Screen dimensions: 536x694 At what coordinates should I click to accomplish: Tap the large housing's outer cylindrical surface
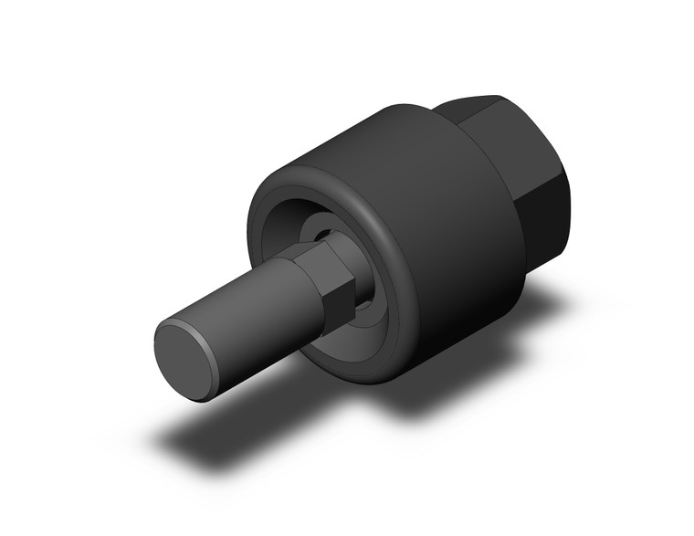click(438, 210)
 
